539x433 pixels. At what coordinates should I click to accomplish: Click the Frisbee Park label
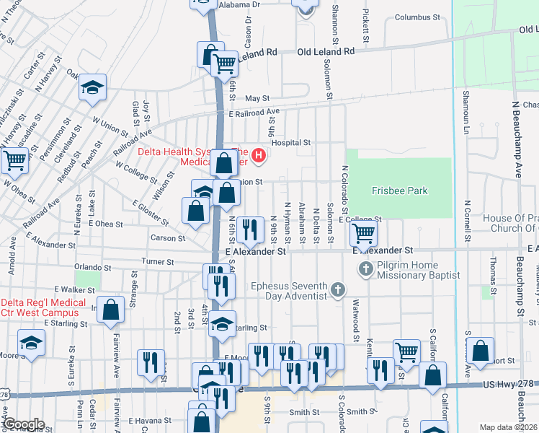pyautogui.click(x=399, y=191)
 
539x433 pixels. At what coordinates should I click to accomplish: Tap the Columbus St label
pyautogui.click(x=416, y=17)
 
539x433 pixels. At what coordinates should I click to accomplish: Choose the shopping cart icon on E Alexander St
pyautogui.click(x=364, y=233)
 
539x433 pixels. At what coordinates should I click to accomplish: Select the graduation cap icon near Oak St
pyautogui.click(x=92, y=87)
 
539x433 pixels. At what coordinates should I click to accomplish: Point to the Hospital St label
pyautogui.click(x=290, y=143)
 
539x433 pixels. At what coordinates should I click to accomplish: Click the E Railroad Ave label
pyautogui.click(x=254, y=113)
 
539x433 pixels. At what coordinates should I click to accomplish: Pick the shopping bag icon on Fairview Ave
pyautogui.click(x=111, y=310)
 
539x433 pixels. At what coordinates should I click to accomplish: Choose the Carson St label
pyautogui.click(x=168, y=237)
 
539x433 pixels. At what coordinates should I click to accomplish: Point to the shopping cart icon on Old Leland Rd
pyautogui.click(x=226, y=64)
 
